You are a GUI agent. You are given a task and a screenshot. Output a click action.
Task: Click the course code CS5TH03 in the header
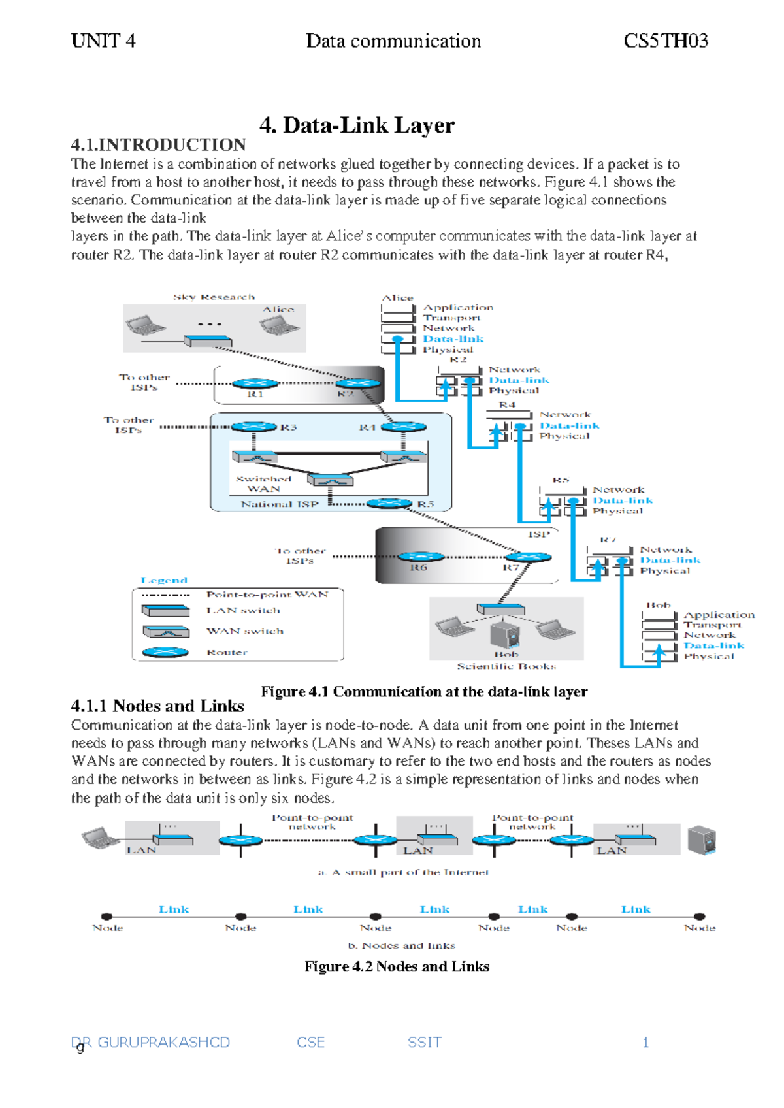[665, 41]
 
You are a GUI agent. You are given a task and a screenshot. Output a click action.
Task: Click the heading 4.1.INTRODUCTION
[158, 144]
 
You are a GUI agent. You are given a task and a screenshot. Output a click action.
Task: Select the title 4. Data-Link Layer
[357, 125]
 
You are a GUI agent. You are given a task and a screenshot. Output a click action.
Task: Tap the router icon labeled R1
[255, 383]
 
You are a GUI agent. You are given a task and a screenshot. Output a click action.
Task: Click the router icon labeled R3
[253, 427]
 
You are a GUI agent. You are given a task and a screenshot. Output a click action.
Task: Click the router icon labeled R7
[528, 557]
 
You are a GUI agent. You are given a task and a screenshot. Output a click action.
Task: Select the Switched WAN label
[263, 483]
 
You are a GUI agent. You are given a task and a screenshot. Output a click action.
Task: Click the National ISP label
[279, 504]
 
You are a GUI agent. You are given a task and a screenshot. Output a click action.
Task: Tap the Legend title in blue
[164, 580]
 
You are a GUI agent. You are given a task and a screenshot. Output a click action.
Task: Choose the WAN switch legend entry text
[245, 631]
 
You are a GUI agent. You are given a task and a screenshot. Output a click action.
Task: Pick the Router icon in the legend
[165, 652]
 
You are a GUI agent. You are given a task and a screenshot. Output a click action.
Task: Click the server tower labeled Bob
[505, 633]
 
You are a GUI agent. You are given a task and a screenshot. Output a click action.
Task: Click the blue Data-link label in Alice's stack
[453, 338]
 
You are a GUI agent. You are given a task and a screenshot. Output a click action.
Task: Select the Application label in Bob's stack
[719, 615]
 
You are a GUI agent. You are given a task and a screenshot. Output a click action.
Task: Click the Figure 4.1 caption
[424, 691]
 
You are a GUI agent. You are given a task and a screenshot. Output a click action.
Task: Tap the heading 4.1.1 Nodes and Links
[157, 706]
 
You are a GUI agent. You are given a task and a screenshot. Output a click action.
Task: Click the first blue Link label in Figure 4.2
[174, 909]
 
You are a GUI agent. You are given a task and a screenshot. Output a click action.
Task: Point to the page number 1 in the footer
[645, 1042]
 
